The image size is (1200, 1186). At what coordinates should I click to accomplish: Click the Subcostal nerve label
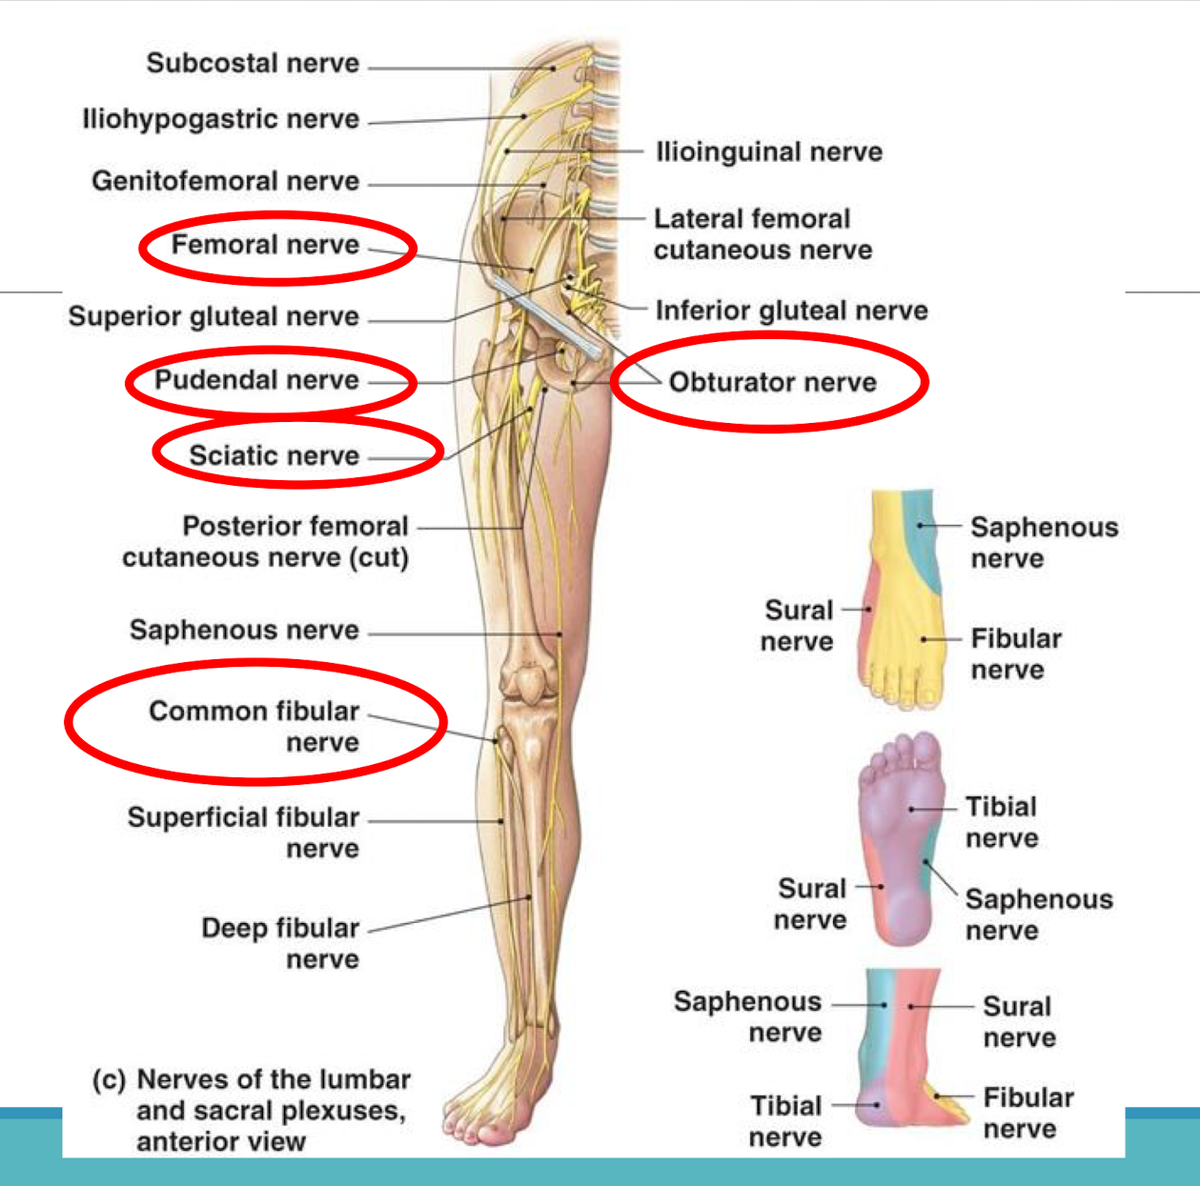[x=253, y=64]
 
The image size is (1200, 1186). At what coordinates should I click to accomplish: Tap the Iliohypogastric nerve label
[x=220, y=120]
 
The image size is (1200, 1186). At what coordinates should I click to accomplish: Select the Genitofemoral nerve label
[x=225, y=181]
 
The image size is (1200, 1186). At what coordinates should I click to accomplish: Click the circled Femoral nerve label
[x=265, y=246]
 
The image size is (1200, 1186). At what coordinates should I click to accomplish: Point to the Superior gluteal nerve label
[x=214, y=316]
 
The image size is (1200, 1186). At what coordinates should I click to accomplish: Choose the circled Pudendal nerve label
[x=256, y=380]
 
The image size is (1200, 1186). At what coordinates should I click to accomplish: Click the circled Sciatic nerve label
[x=274, y=455]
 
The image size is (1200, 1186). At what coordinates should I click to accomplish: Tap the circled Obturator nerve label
[x=772, y=383]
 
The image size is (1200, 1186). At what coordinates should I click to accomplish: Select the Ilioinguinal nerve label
[x=768, y=152]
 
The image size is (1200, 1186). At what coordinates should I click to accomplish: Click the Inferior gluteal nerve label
[x=791, y=311]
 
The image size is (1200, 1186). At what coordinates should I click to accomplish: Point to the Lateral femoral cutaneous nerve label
[x=762, y=234]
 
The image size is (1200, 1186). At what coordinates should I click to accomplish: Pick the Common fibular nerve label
[x=254, y=726]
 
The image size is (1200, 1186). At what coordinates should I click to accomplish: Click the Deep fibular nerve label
[x=280, y=943]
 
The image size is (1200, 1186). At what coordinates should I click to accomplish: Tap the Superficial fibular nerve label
[x=244, y=833]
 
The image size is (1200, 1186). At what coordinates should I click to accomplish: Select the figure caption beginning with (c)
[x=251, y=1110]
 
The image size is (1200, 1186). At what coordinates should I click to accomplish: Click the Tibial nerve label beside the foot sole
[x=1001, y=822]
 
